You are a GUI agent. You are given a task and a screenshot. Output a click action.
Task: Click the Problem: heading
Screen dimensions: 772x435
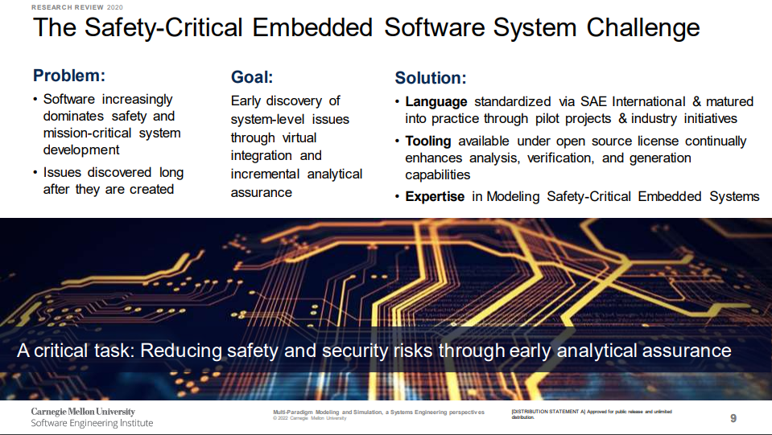[69, 76]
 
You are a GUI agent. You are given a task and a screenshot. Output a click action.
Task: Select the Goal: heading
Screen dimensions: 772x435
[252, 77]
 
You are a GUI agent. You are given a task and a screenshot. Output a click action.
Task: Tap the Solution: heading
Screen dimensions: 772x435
[431, 78]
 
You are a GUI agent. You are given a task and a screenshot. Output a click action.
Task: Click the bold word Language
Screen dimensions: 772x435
[436, 102]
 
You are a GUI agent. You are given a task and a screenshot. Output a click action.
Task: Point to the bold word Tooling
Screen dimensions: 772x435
[427, 141]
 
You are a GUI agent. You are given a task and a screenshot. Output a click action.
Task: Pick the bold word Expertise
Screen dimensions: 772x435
[435, 197]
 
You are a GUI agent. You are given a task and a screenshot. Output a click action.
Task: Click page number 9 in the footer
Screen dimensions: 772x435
[733, 418]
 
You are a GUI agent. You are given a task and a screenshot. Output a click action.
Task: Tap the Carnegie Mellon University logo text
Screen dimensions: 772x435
[83, 412]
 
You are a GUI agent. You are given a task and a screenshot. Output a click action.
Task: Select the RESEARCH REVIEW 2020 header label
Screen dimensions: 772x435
[76, 7]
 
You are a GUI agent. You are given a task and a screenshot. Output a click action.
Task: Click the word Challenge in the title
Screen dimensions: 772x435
[643, 27]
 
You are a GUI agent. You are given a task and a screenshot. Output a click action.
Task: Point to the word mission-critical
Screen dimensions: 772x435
[87, 133]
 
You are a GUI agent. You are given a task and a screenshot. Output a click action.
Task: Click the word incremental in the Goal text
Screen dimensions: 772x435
[265, 174]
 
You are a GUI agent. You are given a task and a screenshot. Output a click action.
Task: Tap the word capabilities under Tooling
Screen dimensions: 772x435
[438, 175]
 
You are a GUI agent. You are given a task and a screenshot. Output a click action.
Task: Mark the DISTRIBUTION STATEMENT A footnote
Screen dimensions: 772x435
[592, 414]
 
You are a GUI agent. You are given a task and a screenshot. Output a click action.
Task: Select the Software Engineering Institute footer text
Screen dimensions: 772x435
[92, 423]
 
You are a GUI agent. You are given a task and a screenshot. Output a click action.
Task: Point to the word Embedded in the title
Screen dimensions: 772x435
[312, 27]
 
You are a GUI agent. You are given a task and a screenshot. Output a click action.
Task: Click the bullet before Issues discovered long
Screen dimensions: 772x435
[35, 173]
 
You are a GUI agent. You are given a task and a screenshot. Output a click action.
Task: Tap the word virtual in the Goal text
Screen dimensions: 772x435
[299, 137]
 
